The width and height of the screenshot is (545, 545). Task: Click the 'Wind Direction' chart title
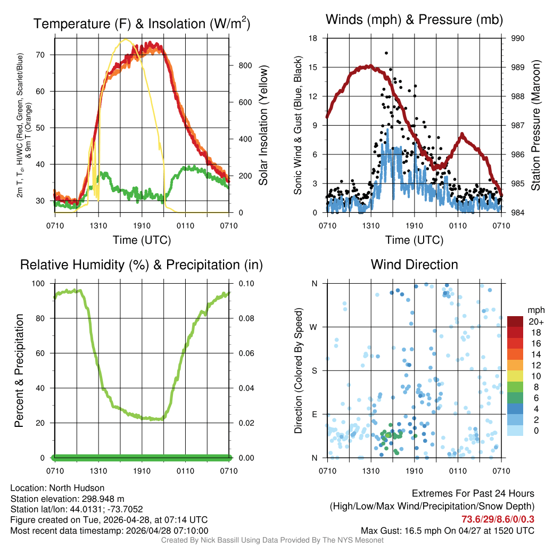point(414,265)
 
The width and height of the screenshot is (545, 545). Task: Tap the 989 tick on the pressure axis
point(518,68)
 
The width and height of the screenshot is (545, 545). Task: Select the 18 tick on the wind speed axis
point(313,38)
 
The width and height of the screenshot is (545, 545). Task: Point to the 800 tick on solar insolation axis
point(244,65)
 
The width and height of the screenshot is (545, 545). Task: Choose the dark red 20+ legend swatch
point(515,321)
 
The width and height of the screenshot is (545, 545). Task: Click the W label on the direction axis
point(315,327)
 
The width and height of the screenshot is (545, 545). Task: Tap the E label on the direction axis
point(315,414)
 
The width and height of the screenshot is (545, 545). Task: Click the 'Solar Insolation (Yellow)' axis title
point(263,125)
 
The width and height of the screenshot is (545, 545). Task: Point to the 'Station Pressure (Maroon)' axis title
point(536,125)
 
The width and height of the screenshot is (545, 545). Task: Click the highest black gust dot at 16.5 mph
point(386,53)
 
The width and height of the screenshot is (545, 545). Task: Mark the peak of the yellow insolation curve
point(126,39)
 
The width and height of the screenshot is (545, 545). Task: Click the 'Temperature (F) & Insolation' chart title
point(142,23)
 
